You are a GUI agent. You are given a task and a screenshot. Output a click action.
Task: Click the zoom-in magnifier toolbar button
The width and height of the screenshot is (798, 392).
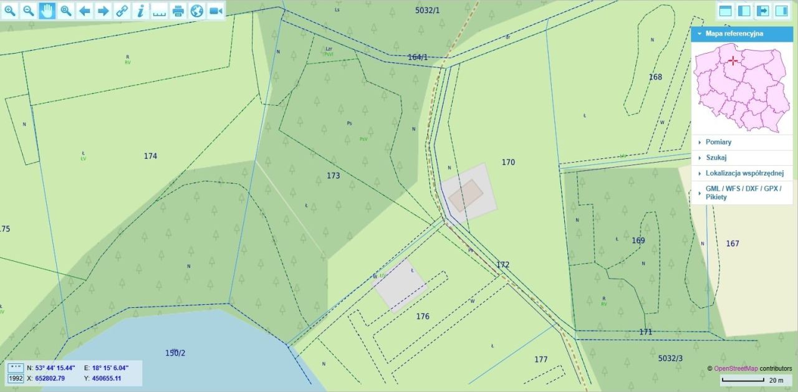coord(10,11)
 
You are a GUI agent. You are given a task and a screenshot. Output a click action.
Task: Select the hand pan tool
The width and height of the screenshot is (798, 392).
coord(47,11)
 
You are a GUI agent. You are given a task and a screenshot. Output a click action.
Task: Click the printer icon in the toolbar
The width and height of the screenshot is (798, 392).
coord(178,11)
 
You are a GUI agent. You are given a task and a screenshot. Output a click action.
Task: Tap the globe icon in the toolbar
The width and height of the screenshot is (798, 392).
coord(197,11)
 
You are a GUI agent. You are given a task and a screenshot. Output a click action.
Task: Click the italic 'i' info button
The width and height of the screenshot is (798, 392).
coord(141,11)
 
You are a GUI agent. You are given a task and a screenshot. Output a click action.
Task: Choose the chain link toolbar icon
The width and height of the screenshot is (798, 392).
coord(122,11)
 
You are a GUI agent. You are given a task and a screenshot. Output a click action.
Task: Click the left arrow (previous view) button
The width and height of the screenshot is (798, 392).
coord(85,11)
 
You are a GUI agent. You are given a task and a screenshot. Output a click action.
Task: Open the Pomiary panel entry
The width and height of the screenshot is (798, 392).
coord(718,142)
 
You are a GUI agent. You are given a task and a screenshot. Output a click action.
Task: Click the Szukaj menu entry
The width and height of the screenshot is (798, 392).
coord(716,158)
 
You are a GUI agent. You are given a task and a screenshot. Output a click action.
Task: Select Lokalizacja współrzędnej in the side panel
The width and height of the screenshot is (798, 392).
coord(744,173)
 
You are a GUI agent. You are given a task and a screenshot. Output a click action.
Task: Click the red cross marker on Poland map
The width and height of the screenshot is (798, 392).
coord(733,60)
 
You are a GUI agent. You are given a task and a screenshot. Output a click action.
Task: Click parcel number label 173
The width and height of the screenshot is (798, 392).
coord(334,176)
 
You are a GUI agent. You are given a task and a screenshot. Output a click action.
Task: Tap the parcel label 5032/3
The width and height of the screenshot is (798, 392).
coord(670,358)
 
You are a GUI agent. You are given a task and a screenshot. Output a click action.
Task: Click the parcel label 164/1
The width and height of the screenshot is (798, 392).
coord(418,57)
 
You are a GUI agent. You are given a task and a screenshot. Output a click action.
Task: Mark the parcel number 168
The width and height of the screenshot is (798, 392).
coord(655,77)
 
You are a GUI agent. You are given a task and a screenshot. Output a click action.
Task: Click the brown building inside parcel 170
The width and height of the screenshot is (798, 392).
coord(465,196)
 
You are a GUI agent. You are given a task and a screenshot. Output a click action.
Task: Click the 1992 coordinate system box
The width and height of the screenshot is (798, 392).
coord(16,378)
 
